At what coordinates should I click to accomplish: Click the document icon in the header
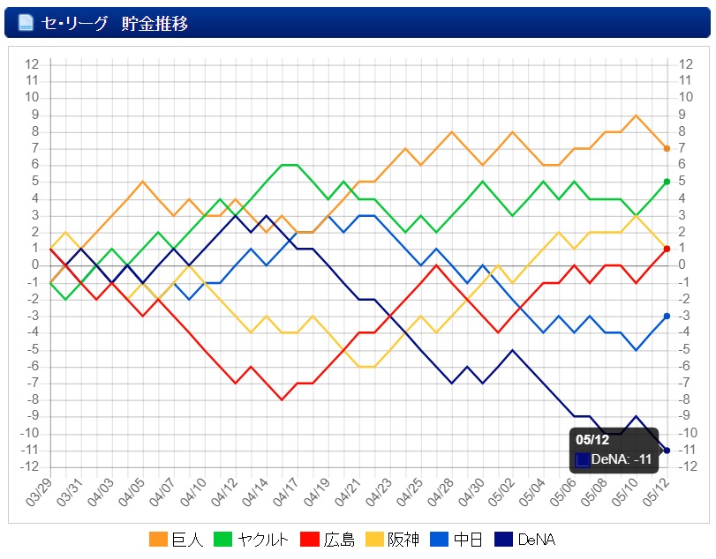point(26,23)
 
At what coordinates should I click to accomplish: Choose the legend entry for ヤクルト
point(253,540)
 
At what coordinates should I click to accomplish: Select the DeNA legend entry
point(527,540)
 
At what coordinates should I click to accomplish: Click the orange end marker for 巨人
point(667,148)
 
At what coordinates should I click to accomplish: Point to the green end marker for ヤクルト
point(667,182)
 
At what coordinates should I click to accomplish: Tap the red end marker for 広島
point(667,249)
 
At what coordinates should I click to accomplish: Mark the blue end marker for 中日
point(667,316)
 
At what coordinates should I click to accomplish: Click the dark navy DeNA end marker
point(667,451)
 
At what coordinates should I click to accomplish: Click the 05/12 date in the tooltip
point(592,440)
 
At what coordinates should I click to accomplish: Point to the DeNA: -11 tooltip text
point(622,458)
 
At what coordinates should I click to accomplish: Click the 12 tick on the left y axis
point(33,64)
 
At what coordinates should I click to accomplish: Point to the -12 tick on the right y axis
point(686,466)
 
